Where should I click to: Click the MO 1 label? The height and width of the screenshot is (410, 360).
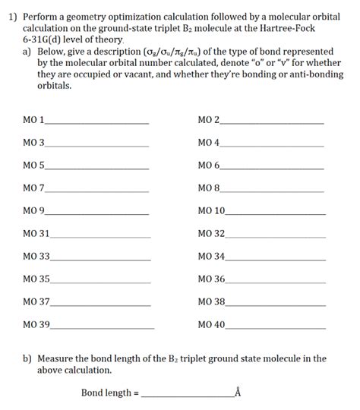coord(34,121)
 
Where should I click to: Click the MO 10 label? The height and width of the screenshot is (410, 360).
coord(211,210)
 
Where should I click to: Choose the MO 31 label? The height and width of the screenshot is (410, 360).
coord(36,233)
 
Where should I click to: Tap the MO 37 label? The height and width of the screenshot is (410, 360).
coord(36,301)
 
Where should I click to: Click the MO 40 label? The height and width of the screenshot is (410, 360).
coord(211,324)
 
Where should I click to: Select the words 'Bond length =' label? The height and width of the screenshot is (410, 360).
coord(110,393)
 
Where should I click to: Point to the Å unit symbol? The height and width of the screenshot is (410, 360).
coord(238,393)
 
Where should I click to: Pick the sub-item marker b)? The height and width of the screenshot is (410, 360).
coord(28,358)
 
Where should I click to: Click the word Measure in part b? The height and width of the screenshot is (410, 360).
coord(57,358)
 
